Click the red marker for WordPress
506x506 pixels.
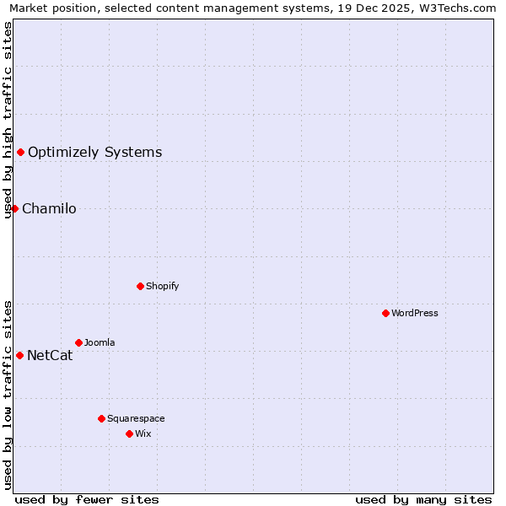point(385,313)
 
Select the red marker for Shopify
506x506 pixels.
point(140,286)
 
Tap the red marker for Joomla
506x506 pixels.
point(78,342)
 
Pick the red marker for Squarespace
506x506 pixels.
point(101,418)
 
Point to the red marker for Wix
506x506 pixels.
point(129,433)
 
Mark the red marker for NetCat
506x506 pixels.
point(19,355)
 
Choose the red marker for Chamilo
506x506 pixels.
point(14,208)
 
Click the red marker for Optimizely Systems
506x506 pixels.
point(20,152)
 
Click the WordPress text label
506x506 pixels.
point(415,313)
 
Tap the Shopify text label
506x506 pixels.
point(162,286)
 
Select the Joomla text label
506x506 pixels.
point(100,342)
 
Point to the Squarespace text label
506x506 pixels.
point(136,418)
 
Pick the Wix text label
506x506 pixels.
point(143,433)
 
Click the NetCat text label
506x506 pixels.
point(50,356)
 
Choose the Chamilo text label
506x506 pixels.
point(49,209)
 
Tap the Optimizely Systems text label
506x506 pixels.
point(95,153)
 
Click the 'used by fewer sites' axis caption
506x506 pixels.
point(87,499)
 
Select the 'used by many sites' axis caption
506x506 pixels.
point(423,499)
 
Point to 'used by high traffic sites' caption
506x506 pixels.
point(8,120)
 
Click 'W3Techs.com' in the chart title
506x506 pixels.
point(460,8)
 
